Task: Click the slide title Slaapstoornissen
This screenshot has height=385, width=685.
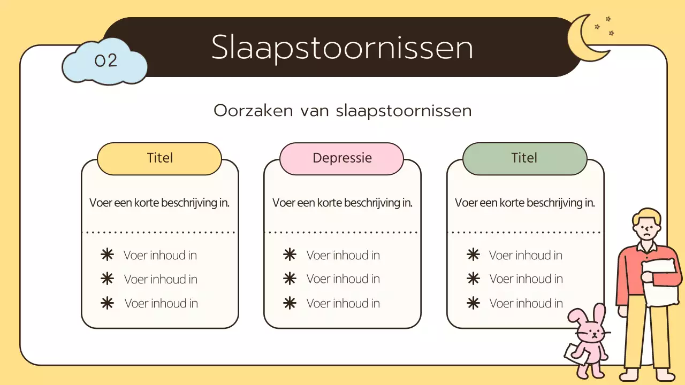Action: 342,48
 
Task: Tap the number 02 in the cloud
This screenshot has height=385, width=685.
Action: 105,60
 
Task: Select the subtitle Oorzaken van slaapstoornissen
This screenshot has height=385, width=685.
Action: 342,111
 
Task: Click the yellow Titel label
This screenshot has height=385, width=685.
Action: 159,158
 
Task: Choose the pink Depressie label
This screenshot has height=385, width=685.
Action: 342,158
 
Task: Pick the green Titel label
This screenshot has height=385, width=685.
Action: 524,158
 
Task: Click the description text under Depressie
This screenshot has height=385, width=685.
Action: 342,203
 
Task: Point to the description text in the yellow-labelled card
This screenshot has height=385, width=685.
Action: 159,203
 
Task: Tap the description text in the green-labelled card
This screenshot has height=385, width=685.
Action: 525,203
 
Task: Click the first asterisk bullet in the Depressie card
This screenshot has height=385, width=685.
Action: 290,255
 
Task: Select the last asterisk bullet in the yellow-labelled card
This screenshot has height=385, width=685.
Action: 108,303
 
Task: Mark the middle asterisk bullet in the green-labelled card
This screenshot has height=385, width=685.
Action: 473,279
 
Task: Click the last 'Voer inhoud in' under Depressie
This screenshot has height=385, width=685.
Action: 343,303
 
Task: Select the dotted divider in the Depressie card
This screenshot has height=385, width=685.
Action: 342,233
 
